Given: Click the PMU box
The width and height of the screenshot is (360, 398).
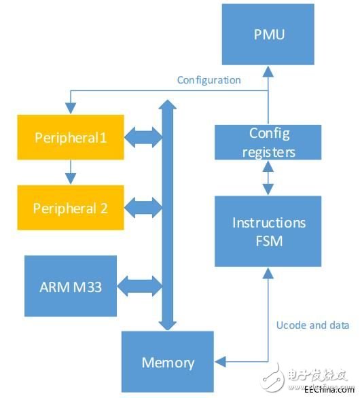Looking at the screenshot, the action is click(x=268, y=34).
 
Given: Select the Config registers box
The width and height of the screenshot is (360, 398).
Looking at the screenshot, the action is click(x=268, y=142).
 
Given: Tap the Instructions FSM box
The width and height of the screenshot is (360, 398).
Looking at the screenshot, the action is click(x=268, y=231).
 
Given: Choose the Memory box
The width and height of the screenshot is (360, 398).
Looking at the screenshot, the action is click(x=168, y=362).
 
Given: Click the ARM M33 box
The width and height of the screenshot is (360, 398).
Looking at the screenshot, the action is click(x=71, y=286).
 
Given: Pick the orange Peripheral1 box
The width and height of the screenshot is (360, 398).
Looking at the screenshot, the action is click(x=71, y=137).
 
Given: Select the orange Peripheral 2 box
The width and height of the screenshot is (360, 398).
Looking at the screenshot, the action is click(x=71, y=208).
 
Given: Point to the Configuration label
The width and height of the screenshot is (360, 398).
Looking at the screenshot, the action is click(x=209, y=80).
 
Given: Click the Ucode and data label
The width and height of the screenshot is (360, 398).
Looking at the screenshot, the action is click(x=312, y=325).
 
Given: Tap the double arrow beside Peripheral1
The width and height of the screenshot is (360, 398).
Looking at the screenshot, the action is click(x=143, y=137).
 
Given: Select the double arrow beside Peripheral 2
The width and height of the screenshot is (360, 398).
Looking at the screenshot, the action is click(x=143, y=208).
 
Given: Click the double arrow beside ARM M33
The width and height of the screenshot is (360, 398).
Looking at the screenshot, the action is click(x=140, y=286).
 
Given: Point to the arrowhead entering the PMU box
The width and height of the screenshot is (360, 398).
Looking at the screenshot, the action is click(x=268, y=71).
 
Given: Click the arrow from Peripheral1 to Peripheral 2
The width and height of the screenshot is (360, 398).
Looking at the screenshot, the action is click(x=71, y=172).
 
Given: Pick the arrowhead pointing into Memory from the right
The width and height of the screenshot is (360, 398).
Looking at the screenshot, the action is click(x=220, y=361).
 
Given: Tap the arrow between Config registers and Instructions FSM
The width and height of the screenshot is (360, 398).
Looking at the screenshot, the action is click(x=268, y=178).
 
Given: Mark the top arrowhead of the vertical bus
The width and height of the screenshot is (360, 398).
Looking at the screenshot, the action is click(x=168, y=105).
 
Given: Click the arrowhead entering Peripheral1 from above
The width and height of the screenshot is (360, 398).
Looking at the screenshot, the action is click(x=71, y=109).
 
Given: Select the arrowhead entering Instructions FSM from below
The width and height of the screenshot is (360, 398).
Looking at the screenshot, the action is click(x=268, y=273).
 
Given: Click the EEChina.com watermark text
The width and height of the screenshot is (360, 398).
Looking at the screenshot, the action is click(x=329, y=389).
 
